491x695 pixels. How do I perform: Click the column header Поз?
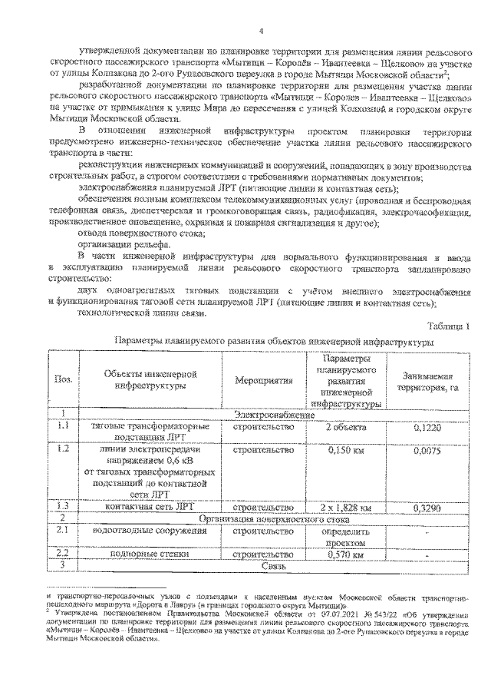click(61, 379)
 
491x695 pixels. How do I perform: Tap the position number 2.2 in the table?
click(61, 553)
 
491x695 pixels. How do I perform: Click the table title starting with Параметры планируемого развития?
click(272, 339)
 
